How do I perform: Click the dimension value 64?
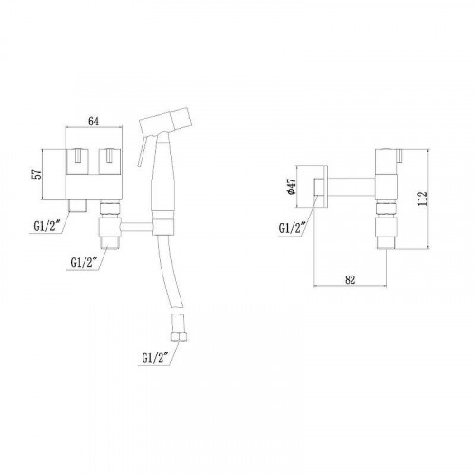point(93,122)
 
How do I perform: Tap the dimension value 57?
point(37,174)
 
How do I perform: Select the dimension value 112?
point(423,199)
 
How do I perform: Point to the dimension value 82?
point(350,279)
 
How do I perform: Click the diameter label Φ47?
point(291,186)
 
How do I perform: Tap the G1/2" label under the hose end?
point(155,358)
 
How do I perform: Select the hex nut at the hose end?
point(179,336)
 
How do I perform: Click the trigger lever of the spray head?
point(142,151)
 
